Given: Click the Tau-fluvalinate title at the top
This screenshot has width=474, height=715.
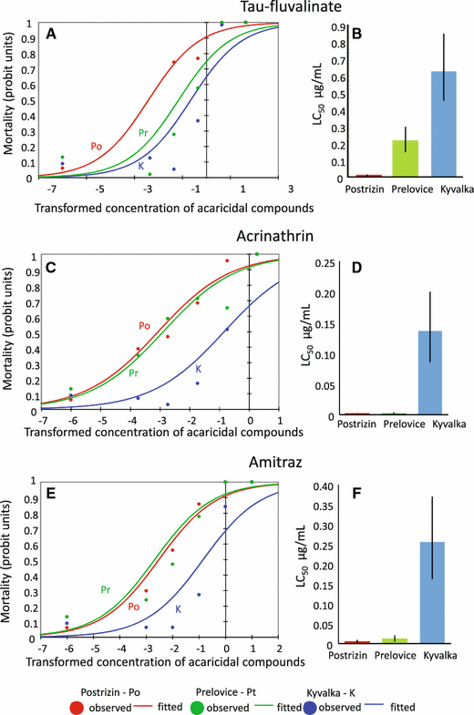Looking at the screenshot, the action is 291,6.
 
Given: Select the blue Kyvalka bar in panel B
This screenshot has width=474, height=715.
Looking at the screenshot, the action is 443,124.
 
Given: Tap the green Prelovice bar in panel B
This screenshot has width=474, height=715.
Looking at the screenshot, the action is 406,158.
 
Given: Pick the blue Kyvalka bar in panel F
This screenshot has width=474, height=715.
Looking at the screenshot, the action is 432,593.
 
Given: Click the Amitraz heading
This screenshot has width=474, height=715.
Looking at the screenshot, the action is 275,463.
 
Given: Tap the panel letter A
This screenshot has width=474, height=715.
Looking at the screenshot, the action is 51,34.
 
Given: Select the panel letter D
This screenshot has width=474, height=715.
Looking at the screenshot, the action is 356,267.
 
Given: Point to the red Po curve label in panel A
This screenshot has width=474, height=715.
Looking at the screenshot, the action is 97,147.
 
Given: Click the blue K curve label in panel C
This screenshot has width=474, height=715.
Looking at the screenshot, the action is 199,369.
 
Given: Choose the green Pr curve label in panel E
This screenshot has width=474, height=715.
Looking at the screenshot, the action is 106,589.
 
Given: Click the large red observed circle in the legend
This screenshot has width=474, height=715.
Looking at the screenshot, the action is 77,707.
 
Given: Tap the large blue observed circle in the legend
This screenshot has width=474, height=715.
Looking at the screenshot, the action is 310,707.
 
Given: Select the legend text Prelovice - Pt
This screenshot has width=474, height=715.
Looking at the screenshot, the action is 226,692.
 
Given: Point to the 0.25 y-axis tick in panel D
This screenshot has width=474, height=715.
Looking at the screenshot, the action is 325,262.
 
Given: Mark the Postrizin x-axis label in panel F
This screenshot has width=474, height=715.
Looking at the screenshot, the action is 348,655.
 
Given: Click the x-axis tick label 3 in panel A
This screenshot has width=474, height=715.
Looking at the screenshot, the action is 291,189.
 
